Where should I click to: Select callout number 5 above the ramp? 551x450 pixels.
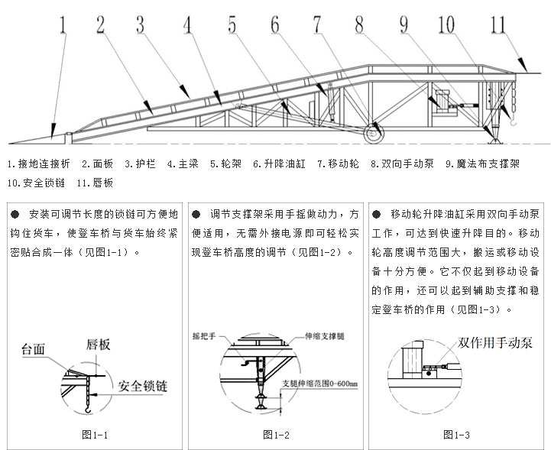pos(232,24)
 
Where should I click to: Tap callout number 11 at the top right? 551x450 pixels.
pos(497,22)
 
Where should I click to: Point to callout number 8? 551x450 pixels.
pos(359,23)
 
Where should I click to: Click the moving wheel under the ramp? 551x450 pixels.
pos(374,133)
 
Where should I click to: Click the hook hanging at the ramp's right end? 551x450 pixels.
pos(514,118)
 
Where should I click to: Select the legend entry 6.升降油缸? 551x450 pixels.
pos(280,163)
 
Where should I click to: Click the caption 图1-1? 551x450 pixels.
pos(95,435)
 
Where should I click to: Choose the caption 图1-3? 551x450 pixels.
pos(455,435)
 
